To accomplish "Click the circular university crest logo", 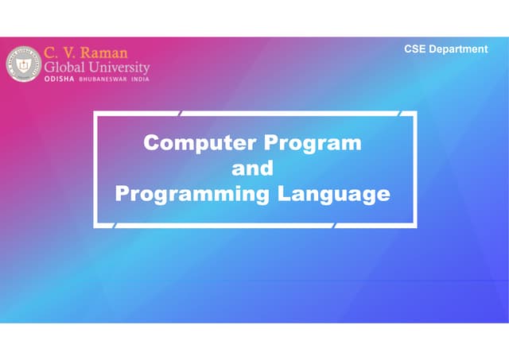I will coord(23,64).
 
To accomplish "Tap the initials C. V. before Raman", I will coord(56,53).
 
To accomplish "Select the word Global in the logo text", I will coord(67,68).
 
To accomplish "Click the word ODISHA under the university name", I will coord(60,80).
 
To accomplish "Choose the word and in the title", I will coord(252,168).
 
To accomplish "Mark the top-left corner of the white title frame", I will coord(95,114).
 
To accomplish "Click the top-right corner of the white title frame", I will coord(415,114).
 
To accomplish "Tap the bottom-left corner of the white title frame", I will coord(95,226).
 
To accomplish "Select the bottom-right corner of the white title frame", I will coord(415,226).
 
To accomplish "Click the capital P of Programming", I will coord(122,193).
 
